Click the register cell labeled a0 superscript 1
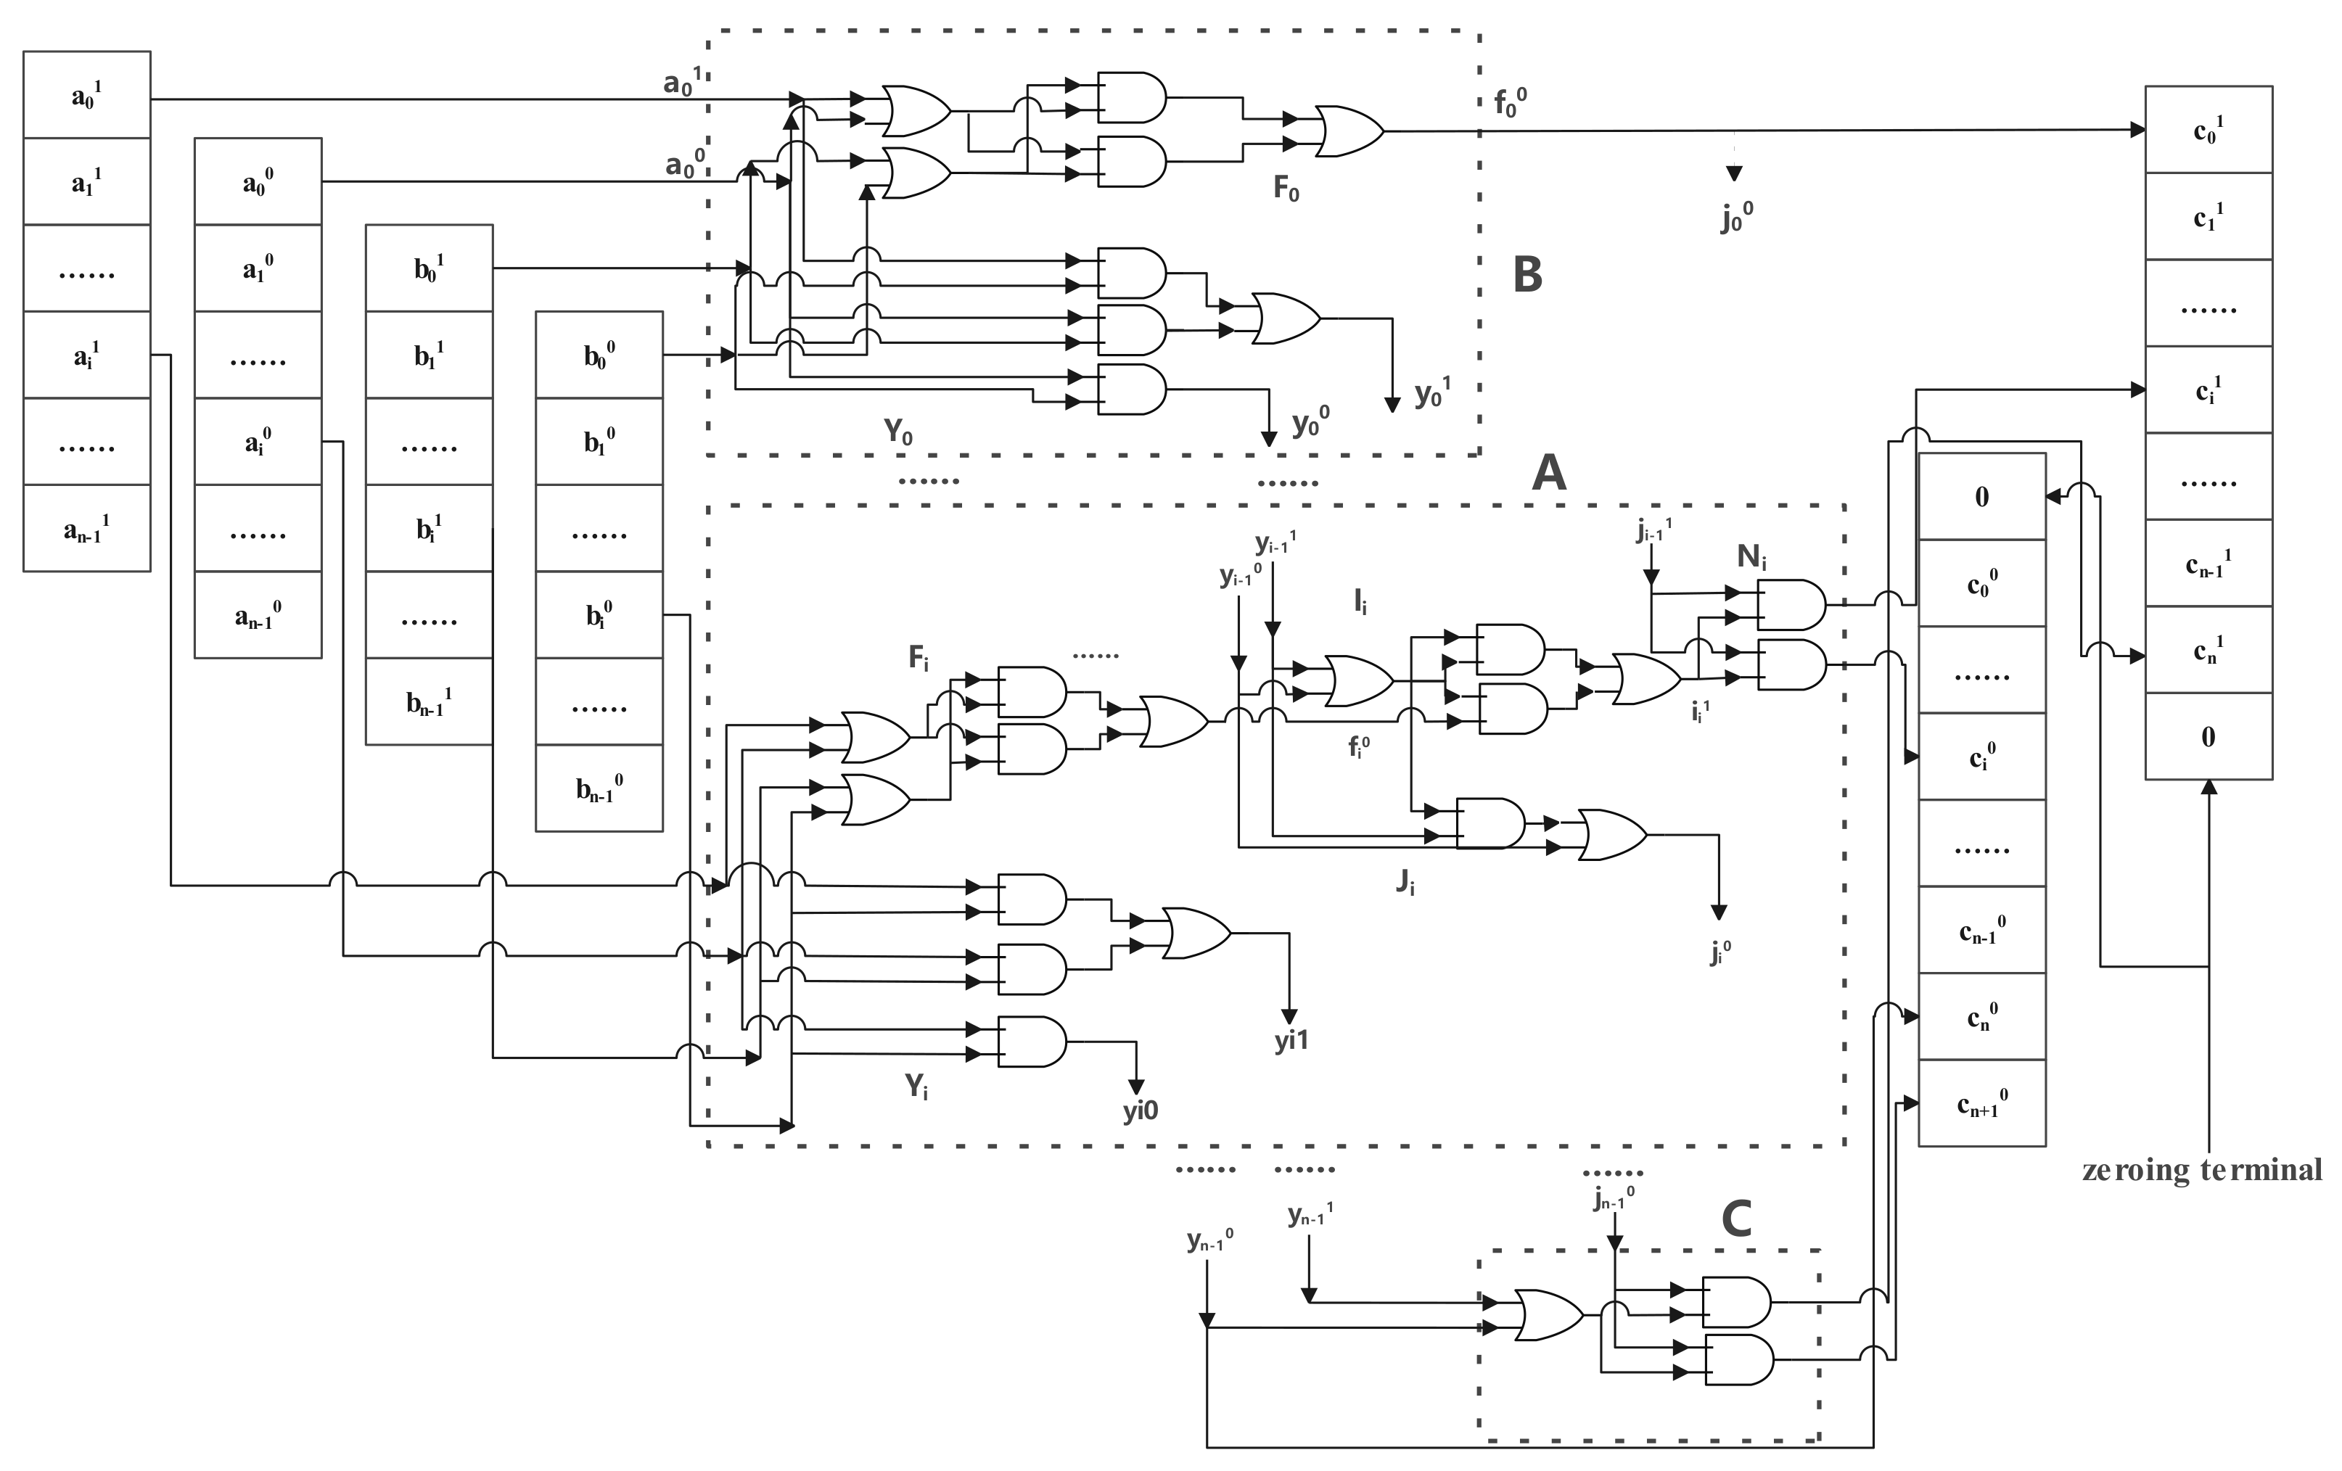[x=86, y=95]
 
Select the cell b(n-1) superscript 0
[x=599, y=788]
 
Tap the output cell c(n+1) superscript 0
[x=1981, y=1103]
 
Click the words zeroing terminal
[x=2202, y=1169]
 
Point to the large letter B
[x=1528, y=275]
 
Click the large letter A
[x=1548, y=474]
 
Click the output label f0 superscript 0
[x=1511, y=102]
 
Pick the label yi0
[x=1141, y=1111]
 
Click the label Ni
[x=1751, y=557]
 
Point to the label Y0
[x=897, y=432]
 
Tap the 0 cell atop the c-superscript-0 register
[x=1981, y=497]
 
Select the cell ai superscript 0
[x=258, y=442]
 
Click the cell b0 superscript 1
[x=429, y=268]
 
